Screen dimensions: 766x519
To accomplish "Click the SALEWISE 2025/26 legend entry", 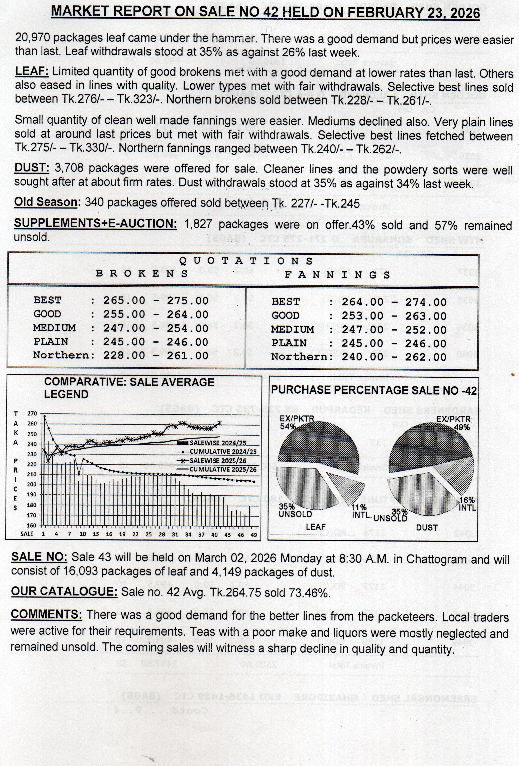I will [x=218, y=460].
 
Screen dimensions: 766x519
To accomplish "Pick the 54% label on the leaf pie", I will [x=288, y=426].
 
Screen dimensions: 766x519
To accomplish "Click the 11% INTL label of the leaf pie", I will [x=360, y=511].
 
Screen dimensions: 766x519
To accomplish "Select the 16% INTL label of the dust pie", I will [x=467, y=504].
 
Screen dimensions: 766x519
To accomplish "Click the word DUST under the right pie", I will [x=427, y=528].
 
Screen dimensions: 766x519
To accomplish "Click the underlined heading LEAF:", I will [x=32, y=71].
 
